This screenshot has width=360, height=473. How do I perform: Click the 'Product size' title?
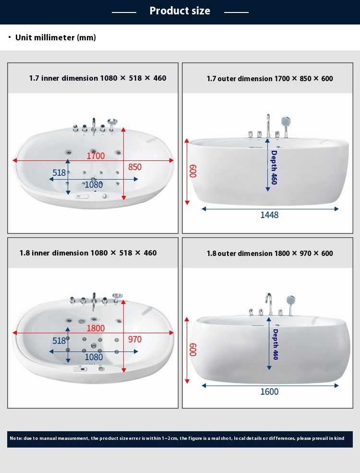click(180, 11)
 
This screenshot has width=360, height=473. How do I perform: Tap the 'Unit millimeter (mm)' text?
click(56, 37)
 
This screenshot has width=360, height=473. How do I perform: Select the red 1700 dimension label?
click(96, 156)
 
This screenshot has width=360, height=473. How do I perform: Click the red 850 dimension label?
click(134, 167)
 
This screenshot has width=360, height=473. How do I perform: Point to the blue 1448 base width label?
click(269, 215)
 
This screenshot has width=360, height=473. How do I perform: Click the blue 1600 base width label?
click(269, 391)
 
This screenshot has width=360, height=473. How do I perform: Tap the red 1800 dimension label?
click(96, 328)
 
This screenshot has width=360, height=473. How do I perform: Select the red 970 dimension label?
click(134, 340)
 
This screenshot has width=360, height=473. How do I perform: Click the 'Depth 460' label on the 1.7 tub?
click(274, 168)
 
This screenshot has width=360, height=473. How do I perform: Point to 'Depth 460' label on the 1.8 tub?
click(275, 344)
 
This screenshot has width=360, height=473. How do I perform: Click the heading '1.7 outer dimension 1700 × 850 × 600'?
click(270, 78)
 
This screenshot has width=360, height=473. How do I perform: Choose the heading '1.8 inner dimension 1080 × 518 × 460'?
click(88, 253)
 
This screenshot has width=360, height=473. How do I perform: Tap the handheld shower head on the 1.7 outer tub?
click(286, 122)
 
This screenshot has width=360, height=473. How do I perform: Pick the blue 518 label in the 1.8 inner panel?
click(59, 340)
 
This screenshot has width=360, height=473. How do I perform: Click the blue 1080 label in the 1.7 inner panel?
click(94, 184)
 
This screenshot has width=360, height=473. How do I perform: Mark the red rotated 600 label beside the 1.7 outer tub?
click(193, 171)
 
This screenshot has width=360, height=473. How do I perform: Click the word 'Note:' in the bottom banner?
click(16, 438)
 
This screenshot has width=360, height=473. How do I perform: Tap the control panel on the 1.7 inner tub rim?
click(82, 196)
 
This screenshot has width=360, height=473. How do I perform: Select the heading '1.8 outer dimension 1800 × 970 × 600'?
click(270, 254)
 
